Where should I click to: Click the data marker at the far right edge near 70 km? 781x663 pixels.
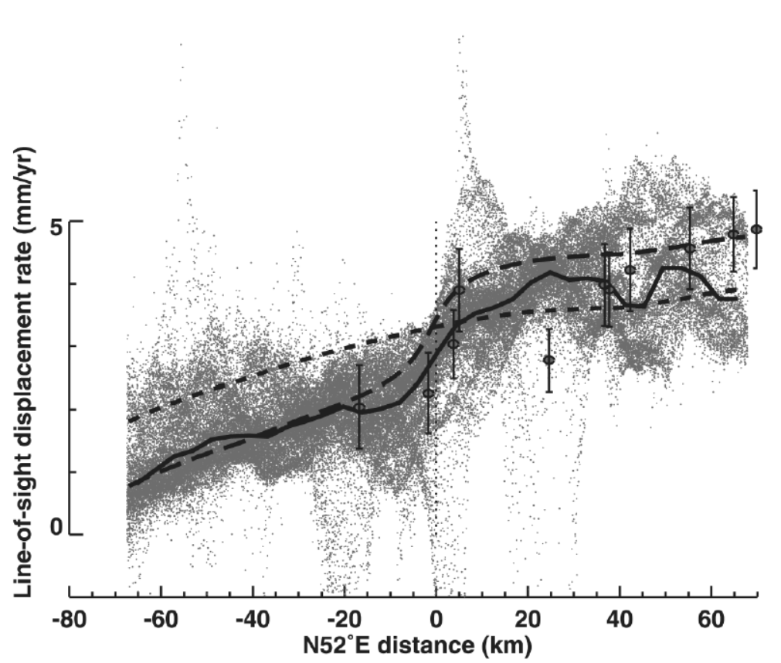[x=756, y=229]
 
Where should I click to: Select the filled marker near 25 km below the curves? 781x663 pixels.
[x=548, y=360]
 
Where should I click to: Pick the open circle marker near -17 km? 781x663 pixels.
[x=359, y=407]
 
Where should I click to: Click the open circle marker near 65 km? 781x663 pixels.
[x=732, y=234]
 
